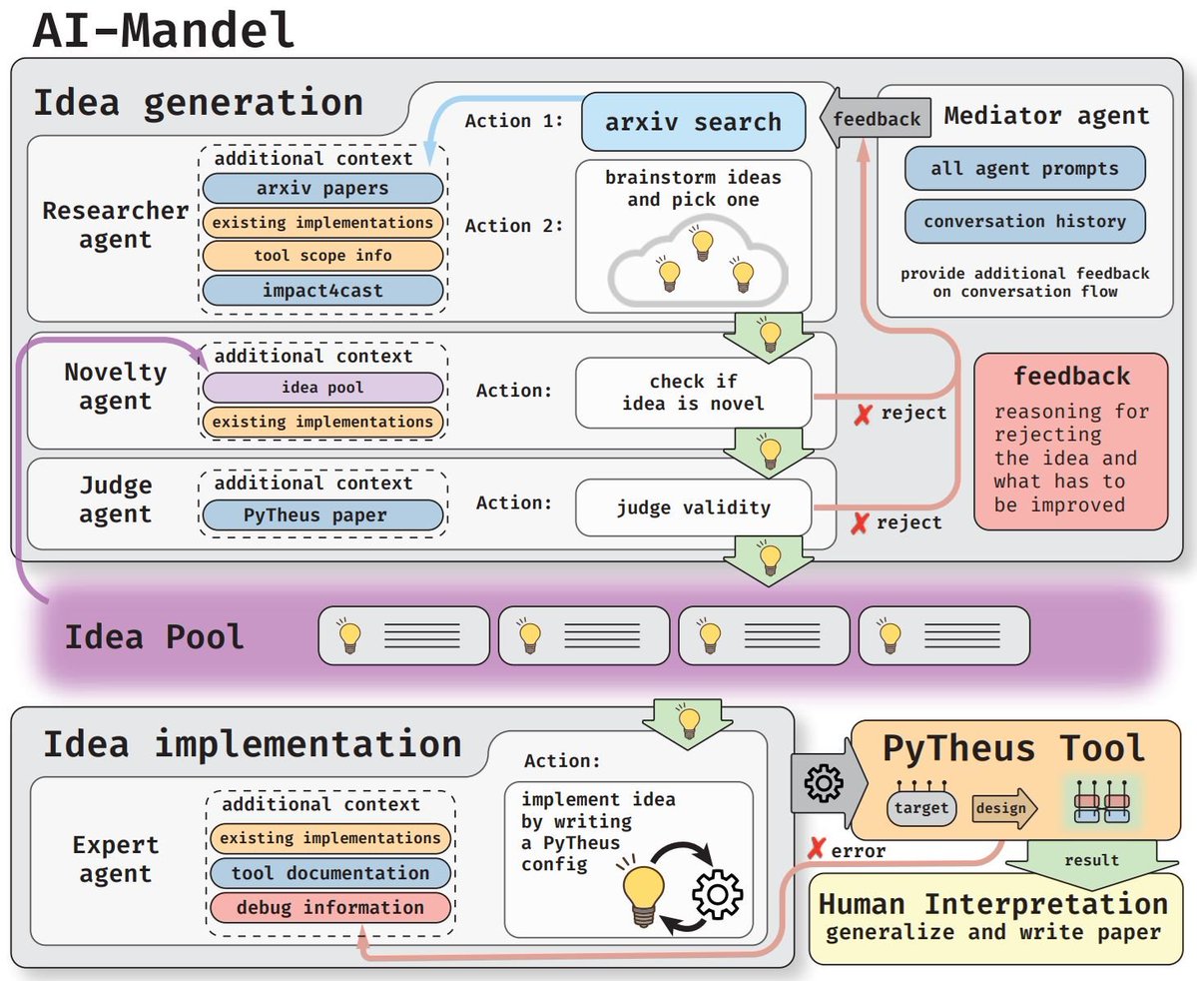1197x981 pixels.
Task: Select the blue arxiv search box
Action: (693, 122)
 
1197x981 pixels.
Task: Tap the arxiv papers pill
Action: (321, 188)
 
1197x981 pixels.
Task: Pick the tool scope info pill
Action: (321, 256)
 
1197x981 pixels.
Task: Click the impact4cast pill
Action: (321, 290)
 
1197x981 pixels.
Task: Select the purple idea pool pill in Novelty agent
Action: (321, 388)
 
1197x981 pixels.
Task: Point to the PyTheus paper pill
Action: (321, 515)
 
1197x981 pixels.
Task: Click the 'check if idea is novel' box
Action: (693, 393)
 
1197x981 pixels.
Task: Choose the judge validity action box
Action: (693, 507)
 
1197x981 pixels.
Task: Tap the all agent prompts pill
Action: (1024, 168)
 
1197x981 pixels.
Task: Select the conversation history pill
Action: (1024, 222)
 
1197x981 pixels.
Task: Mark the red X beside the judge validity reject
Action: (859, 523)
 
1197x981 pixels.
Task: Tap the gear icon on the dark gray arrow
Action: (823, 785)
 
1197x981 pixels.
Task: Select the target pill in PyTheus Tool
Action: (920, 807)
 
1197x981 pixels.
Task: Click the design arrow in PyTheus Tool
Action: (1002, 808)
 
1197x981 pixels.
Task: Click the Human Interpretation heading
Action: (992, 904)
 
